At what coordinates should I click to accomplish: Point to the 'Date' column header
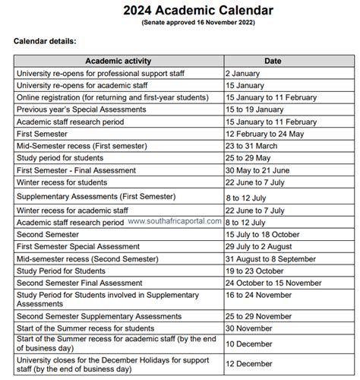[x=273, y=61]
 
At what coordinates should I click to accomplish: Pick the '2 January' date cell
[x=242, y=74]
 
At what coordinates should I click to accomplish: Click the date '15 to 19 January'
[x=254, y=110]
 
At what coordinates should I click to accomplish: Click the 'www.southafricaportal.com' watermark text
[x=175, y=221]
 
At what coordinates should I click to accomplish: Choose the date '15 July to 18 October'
[x=261, y=234]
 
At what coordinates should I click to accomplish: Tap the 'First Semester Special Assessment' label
[x=81, y=246]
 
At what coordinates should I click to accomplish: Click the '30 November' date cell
[x=248, y=328]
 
